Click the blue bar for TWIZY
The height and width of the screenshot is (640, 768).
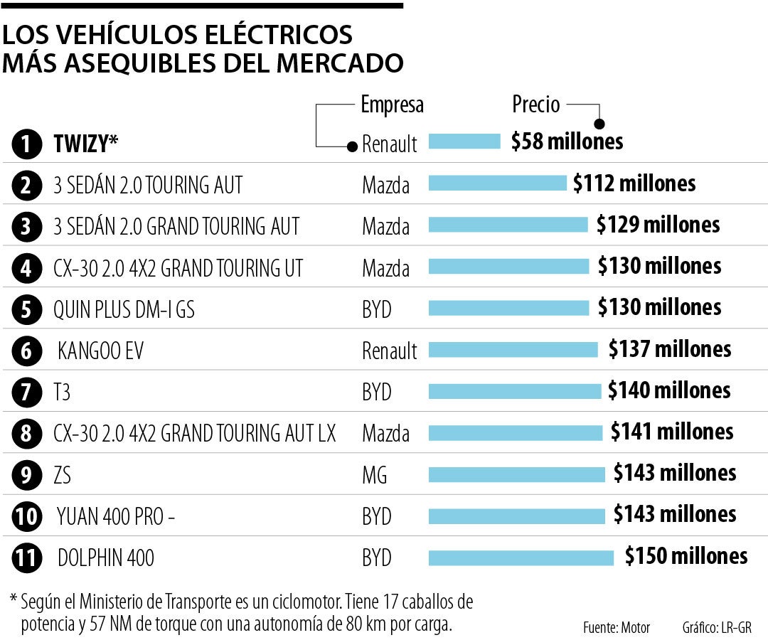click(464, 142)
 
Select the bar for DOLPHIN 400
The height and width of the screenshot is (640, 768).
click(521, 557)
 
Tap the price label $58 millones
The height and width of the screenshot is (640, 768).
click(567, 142)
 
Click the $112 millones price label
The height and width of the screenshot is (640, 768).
click(634, 183)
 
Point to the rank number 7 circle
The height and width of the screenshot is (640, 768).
click(26, 392)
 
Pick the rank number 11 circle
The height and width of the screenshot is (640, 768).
click(26, 558)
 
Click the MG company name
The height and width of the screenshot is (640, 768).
click(375, 475)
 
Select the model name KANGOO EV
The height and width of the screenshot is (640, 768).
click(101, 351)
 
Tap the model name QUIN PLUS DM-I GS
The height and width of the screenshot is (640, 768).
click(124, 309)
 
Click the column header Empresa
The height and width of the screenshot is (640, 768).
click(392, 105)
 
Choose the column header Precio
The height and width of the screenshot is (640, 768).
click(536, 105)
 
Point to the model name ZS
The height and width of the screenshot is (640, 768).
click(63, 475)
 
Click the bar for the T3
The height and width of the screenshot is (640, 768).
click(515, 391)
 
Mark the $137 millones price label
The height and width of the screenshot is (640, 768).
click(670, 349)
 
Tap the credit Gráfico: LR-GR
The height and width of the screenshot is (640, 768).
click(716, 628)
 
